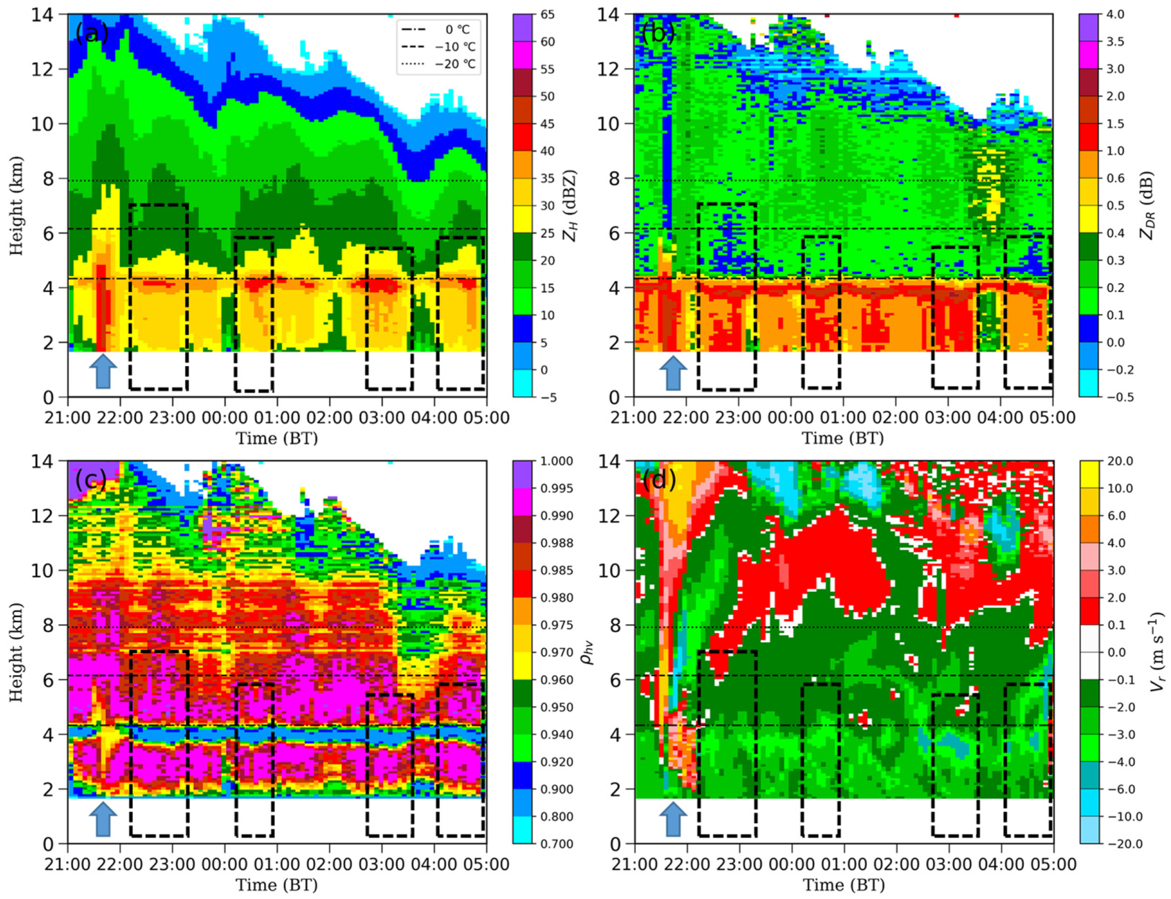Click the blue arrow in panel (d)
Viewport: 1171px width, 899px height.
point(672,819)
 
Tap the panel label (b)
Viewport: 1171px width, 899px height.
point(658,34)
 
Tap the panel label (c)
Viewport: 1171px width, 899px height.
point(92,481)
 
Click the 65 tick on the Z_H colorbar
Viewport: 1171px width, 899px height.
point(547,14)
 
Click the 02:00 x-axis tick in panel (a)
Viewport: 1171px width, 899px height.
point(329,417)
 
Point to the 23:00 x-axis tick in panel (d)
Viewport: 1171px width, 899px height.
point(739,864)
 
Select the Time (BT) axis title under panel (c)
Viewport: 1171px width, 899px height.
point(277,885)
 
